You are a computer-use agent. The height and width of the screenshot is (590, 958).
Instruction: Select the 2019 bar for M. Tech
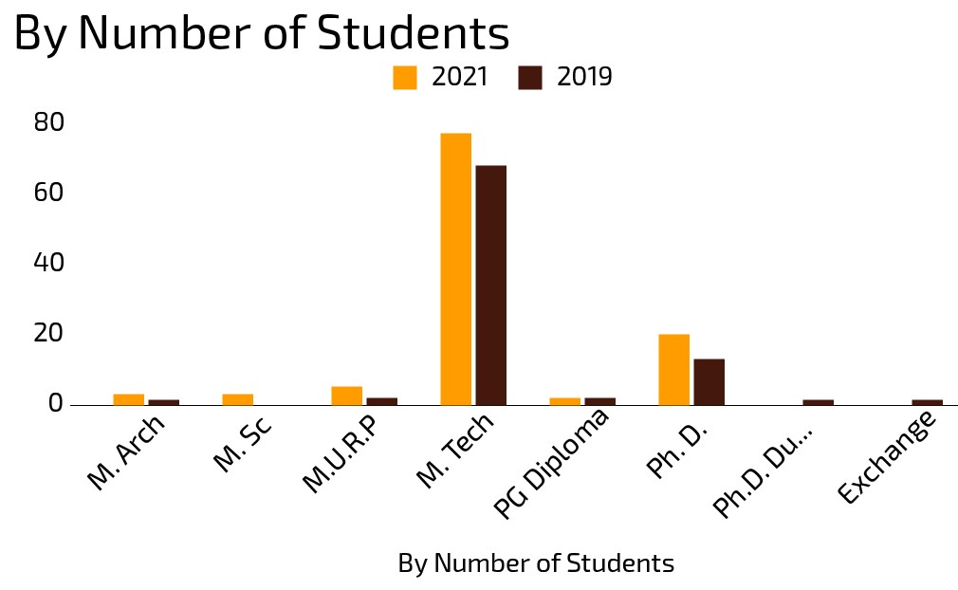[490, 285]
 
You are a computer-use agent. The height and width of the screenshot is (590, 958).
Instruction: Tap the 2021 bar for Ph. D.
[673, 369]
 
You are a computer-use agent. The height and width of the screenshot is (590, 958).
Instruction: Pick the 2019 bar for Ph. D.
[709, 381]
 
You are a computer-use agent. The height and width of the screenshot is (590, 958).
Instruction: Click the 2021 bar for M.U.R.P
[346, 396]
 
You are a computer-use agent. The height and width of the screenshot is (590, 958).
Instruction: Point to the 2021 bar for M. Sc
[237, 399]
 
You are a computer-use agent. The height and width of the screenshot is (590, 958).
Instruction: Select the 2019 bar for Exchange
[927, 402]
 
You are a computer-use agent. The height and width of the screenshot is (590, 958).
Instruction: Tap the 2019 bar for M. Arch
[163, 402]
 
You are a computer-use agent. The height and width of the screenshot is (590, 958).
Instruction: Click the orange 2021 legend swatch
[405, 78]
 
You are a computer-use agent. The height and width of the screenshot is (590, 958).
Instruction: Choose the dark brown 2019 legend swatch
[530, 78]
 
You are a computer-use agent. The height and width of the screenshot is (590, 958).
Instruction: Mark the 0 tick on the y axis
[55, 403]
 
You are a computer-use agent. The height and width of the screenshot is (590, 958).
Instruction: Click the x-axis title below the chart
[536, 563]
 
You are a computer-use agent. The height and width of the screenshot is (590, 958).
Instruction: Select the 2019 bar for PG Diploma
[599, 401]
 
